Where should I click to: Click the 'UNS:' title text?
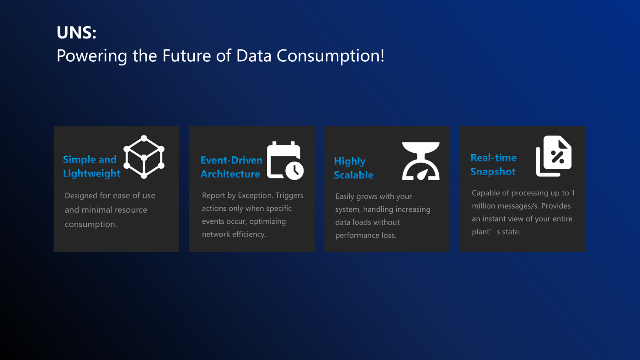coord(76,32)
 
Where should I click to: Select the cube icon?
coord(144,157)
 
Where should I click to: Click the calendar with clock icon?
coord(285,161)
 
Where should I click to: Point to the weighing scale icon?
coord(421,161)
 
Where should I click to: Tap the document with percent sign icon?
coord(554,156)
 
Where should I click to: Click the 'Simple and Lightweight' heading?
coord(92,166)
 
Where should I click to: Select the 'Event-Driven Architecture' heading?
coord(231,167)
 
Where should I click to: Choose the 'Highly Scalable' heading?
coord(353,168)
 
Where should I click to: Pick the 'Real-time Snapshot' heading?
coord(493,164)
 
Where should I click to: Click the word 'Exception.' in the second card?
coord(256,196)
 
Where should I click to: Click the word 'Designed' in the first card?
coord(81,196)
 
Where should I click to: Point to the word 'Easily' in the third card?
coord(345,197)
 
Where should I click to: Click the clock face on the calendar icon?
coord(294,171)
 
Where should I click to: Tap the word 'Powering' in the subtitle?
coord(92,56)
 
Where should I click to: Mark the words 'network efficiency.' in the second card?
coord(234,234)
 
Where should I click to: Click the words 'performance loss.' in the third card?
coord(366,235)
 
